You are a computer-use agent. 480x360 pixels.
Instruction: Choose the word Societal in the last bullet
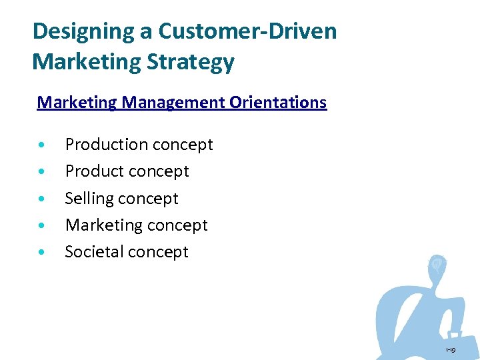point(95,252)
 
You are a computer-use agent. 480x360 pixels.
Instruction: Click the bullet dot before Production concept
point(43,145)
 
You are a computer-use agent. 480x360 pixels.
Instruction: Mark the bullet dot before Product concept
point(43,172)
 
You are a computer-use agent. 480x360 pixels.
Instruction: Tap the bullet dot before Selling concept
point(43,199)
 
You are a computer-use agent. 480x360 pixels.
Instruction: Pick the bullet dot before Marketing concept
point(43,226)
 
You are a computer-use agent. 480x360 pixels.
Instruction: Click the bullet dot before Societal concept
point(43,253)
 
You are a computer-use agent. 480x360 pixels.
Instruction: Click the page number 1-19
point(451,349)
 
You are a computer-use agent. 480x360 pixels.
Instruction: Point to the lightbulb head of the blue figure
point(437,265)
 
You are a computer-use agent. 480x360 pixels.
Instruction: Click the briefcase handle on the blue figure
point(455,333)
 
